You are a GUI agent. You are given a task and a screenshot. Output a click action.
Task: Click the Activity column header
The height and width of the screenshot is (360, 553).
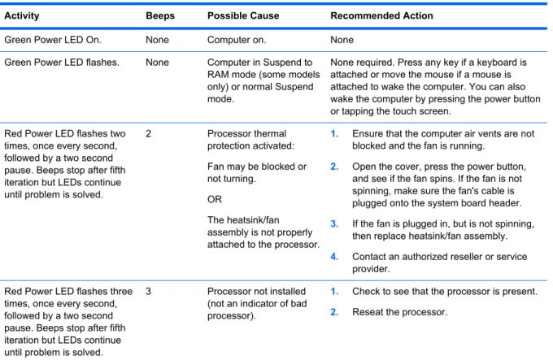[22, 16]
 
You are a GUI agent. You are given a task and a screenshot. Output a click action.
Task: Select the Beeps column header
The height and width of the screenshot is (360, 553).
[160, 16]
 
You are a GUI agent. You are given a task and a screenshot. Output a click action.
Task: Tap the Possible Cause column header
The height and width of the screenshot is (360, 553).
[243, 16]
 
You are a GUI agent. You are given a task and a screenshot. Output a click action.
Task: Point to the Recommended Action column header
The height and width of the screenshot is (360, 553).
[381, 16]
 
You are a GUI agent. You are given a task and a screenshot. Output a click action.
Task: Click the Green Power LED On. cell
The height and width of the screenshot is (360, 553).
[53, 40]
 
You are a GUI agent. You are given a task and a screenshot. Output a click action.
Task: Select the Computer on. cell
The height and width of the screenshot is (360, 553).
[237, 40]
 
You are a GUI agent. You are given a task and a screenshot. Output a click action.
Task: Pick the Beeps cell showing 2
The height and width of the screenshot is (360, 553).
[149, 134]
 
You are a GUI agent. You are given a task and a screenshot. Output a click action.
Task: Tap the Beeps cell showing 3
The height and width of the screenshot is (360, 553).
[149, 292]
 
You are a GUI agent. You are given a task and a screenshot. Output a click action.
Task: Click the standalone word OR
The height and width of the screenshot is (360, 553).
[215, 199]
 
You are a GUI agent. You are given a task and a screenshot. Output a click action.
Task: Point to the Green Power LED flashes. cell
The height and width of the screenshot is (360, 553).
[62, 63]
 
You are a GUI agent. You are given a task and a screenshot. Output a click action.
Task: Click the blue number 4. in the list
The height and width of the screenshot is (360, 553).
[334, 257]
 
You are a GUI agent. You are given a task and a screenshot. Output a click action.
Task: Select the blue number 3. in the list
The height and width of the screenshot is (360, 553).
[334, 224]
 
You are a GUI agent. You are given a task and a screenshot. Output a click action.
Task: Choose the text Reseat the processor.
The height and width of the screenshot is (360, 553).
[399, 312]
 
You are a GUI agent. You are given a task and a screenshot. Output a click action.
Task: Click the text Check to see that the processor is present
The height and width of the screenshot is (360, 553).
[445, 292]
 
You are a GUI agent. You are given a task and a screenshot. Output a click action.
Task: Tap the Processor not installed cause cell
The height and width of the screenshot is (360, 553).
[257, 304]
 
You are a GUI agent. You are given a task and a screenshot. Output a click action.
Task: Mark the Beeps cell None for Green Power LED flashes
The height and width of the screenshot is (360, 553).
[157, 63]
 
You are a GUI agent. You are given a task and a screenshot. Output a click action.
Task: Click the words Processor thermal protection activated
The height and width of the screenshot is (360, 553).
[250, 140]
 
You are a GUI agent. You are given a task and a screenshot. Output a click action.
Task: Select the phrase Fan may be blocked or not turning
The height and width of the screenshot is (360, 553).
[257, 172]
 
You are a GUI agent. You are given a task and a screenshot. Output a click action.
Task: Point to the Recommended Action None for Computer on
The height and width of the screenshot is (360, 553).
[342, 40]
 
